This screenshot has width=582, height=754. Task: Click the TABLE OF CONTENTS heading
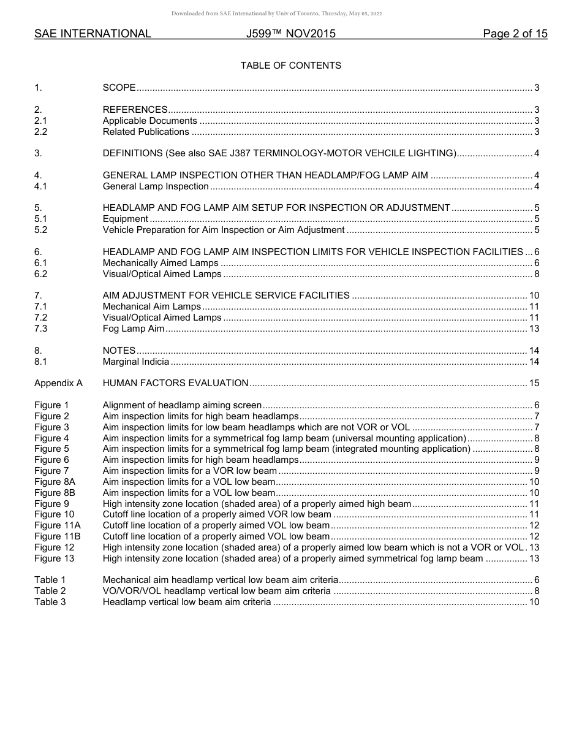pos(290,66)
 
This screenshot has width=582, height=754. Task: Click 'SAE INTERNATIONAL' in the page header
pos(93,34)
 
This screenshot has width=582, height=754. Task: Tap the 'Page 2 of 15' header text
pos(515,34)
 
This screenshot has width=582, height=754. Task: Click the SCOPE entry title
pos(119,88)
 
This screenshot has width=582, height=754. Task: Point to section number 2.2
pos(40,132)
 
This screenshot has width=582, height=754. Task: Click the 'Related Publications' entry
pos(146,132)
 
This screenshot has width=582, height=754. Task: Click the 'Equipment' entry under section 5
pos(125,219)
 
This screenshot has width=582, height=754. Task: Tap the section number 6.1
pos(40,263)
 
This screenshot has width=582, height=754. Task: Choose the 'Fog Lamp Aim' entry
pos(133,329)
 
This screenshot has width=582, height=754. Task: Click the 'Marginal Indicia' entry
pos(135,362)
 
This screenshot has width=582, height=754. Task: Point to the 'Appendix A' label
pos(58,383)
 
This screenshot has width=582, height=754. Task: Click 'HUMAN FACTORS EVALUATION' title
pos(175,383)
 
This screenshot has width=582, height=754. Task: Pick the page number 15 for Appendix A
pos(534,383)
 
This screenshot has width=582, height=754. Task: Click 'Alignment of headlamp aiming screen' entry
pos(182,405)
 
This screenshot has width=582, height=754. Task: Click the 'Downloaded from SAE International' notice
pos(277,13)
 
